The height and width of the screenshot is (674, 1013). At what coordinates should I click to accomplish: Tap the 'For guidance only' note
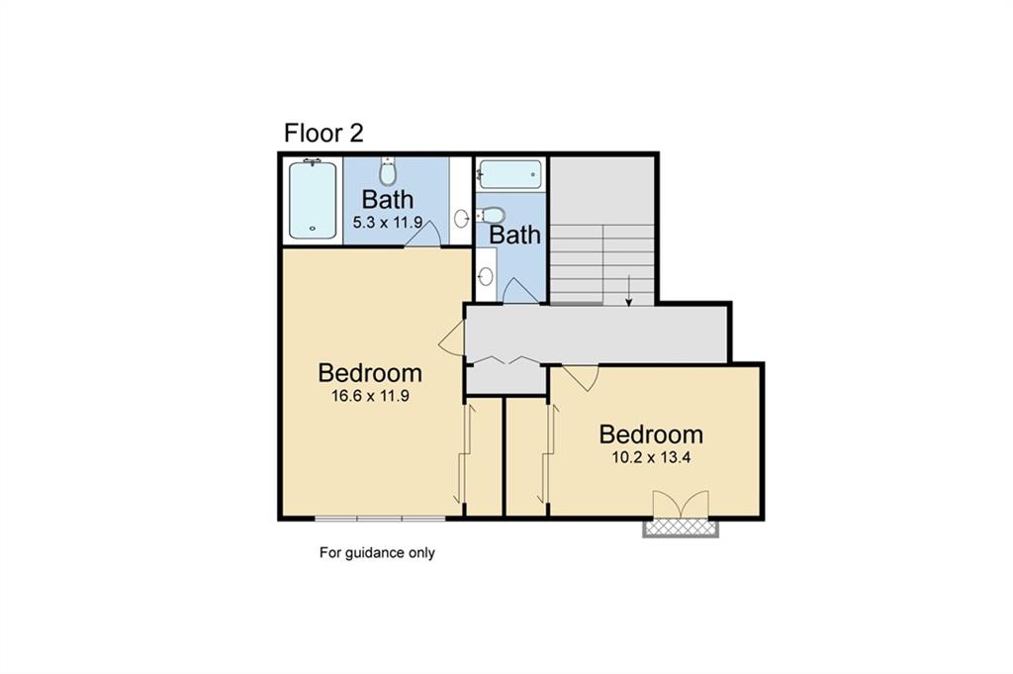click(376, 553)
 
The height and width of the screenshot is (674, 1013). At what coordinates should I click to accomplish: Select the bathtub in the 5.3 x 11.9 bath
click(313, 200)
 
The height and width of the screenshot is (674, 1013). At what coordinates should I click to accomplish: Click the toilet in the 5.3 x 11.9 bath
click(388, 173)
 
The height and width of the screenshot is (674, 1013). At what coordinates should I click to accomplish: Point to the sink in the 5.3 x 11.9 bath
click(461, 218)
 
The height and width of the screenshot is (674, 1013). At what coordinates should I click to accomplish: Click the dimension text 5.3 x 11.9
click(387, 224)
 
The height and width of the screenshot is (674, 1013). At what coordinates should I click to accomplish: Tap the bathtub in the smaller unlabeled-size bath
click(509, 175)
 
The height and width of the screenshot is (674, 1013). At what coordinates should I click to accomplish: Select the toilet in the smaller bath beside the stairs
click(493, 215)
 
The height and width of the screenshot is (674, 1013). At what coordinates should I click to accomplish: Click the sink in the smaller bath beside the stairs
click(486, 276)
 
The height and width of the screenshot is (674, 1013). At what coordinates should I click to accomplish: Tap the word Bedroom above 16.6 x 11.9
click(370, 373)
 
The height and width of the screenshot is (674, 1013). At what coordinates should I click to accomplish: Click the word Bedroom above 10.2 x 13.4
click(651, 434)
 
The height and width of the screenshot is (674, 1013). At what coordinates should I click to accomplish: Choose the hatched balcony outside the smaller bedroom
click(680, 528)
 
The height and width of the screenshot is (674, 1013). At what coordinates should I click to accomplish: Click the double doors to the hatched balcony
click(680, 504)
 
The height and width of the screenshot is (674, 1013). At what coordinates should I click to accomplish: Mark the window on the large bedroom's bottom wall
click(380, 518)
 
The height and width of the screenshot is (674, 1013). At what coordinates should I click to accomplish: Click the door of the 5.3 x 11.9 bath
click(422, 235)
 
